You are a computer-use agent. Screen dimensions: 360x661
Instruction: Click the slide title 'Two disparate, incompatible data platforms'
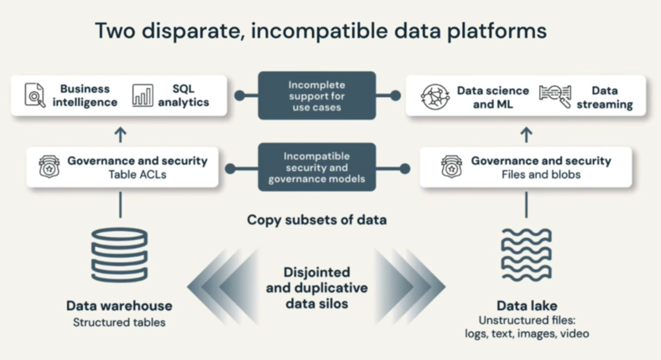(x=321, y=31)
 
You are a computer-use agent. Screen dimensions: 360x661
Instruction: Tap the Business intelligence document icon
(x=35, y=95)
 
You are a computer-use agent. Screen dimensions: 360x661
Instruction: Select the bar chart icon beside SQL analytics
(x=142, y=95)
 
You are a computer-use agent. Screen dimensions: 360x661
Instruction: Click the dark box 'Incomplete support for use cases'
(x=317, y=96)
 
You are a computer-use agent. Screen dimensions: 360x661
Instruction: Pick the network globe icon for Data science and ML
(x=435, y=96)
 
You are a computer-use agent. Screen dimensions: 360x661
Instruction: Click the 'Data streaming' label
(x=605, y=97)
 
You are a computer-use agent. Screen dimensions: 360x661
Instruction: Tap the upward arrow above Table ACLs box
(x=120, y=135)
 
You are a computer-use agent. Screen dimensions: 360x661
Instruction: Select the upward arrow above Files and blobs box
(x=526, y=135)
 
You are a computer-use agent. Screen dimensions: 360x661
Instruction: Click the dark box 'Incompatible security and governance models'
(x=317, y=167)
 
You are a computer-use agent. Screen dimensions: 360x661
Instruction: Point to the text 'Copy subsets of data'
(x=317, y=220)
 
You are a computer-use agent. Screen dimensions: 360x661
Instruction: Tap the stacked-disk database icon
(x=119, y=255)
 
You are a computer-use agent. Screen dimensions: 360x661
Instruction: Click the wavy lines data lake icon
(x=526, y=255)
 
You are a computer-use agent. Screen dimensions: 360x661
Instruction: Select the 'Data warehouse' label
(x=119, y=306)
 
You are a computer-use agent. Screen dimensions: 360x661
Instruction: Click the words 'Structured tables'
(x=119, y=322)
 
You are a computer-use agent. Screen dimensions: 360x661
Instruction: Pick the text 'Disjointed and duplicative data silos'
(x=317, y=288)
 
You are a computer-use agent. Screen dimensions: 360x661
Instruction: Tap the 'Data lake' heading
(x=527, y=306)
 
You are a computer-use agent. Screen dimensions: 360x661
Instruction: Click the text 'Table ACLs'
(x=137, y=175)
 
